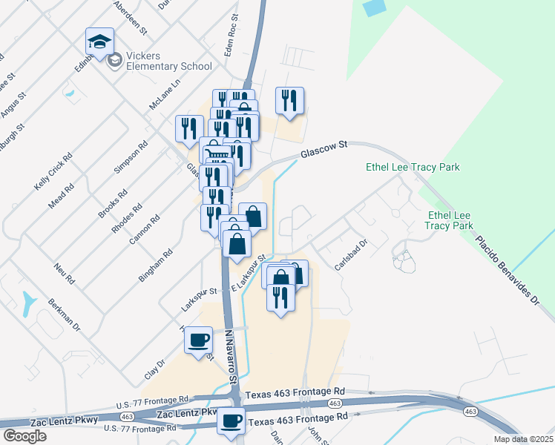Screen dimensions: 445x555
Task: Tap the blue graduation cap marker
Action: tap(99, 44)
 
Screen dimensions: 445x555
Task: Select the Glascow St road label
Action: tap(324, 151)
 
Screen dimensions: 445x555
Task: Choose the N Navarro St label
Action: tap(230, 357)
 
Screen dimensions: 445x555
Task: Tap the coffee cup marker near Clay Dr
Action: tap(198, 340)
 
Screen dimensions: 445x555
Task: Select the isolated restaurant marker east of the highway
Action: tap(289, 101)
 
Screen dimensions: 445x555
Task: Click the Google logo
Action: tap(24, 435)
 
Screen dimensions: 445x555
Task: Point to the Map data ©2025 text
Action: tap(522, 439)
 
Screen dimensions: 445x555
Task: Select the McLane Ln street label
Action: tap(165, 95)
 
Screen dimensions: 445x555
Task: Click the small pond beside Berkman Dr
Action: tap(29, 302)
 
